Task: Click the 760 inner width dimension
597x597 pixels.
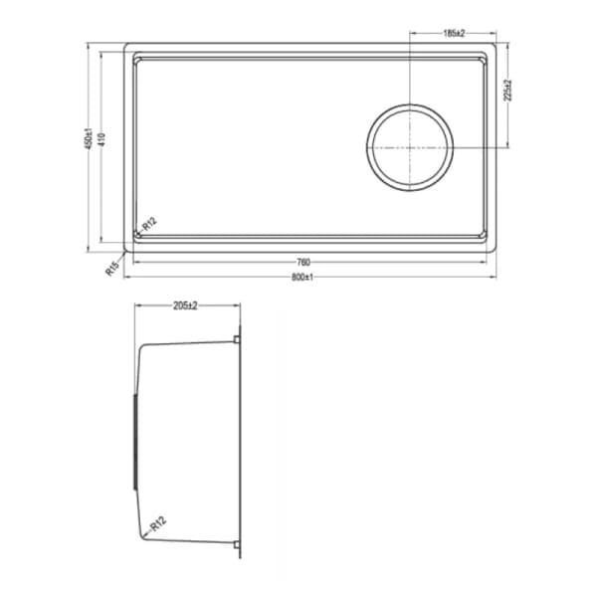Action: (x=304, y=263)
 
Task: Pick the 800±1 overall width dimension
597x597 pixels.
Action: (x=304, y=277)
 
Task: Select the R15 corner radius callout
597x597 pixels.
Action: (x=112, y=267)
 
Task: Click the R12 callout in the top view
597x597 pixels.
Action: (x=147, y=226)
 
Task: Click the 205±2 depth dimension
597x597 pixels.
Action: (x=186, y=306)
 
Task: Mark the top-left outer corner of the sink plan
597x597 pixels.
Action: (x=125, y=44)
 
